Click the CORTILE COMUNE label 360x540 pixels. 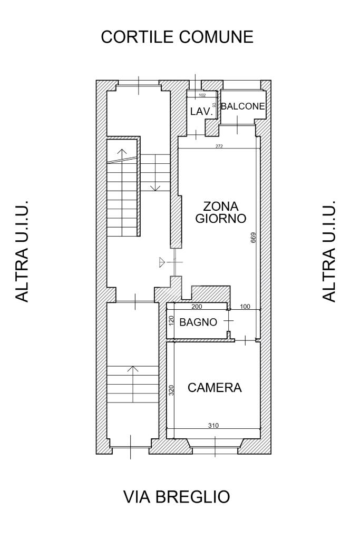point(177,37)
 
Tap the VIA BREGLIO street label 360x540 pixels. point(177,497)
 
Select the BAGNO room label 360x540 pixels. point(198,322)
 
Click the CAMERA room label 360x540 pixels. point(215,388)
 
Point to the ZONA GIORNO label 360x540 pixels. point(221,212)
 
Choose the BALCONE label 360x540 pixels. point(243,106)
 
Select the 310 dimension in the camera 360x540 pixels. point(213,426)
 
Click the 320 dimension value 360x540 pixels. point(171,389)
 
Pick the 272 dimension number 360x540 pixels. point(219,146)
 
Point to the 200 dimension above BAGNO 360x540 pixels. point(197,307)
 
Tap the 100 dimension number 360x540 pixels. point(245,307)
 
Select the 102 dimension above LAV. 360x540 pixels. point(202,95)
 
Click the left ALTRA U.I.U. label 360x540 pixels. point(22,251)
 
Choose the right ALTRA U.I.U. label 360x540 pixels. point(329,251)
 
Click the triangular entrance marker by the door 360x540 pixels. point(162,262)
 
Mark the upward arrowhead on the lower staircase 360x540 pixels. point(133,368)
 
